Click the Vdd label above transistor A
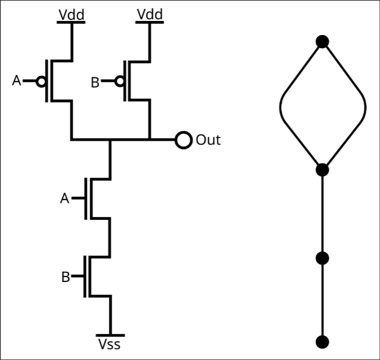click(72, 15)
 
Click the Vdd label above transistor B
click(150, 14)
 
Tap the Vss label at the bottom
click(109, 344)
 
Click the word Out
click(208, 140)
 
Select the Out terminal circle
click(184, 140)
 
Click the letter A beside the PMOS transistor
click(16, 81)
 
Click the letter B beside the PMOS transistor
click(95, 83)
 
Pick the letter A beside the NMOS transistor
click(64, 198)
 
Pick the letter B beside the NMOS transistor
click(65, 277)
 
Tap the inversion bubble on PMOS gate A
click(41, 81)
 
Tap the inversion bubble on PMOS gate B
click(120, 81)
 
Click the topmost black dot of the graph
click(322, 41)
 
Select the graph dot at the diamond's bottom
click(322, 170)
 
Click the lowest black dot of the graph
click(322, 342)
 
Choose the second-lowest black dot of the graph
click(322, 258)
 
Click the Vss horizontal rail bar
click(110, 335)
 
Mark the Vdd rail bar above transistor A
click(71, 22)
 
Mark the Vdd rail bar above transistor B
click(150, 22)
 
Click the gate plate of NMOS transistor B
click(85, 276)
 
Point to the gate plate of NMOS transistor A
click(86, 199)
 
